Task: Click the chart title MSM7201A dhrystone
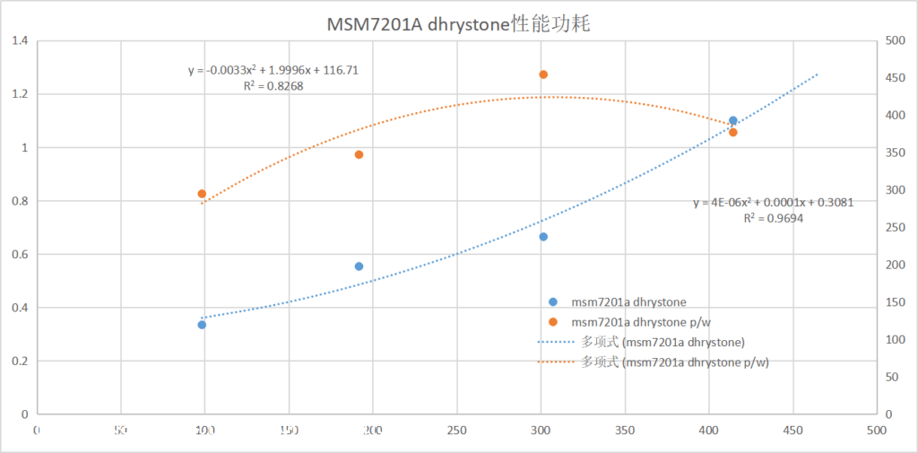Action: coord(458,24)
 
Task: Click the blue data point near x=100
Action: coord(202,325)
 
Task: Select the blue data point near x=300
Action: coord(543,237)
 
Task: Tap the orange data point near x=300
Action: coord(543,74)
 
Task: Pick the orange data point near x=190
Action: coord(359,154)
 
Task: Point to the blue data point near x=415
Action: coord(732,120)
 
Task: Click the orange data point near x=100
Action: coord(202,194)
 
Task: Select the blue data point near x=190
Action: coord(359,266)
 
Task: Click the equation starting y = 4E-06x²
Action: coord(773,203)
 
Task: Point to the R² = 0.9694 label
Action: coord(772,218)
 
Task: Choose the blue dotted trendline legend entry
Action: coord(642,342)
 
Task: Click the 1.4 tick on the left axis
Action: coord(19,41)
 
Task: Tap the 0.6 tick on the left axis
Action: coord(19,255)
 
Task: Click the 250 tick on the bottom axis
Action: coord(456,430)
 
